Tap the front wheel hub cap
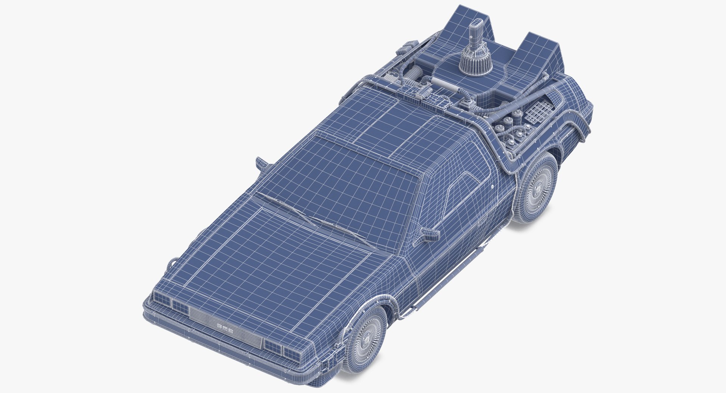[x=366, y=338]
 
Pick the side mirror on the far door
[x=261, y=162]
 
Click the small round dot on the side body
[x=493, y=187]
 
